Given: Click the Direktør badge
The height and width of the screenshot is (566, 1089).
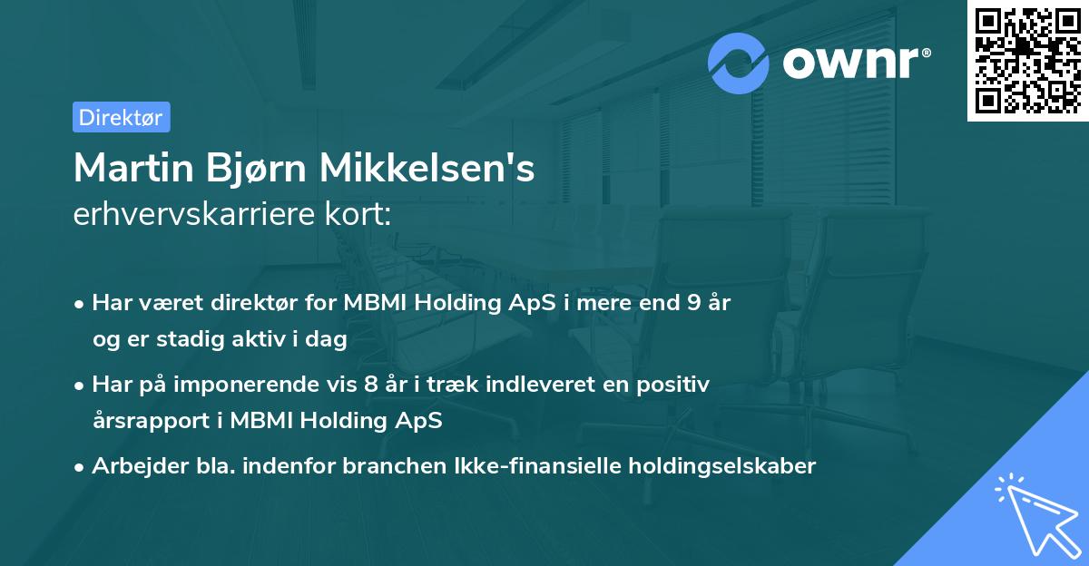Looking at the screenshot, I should (x=121, y=117).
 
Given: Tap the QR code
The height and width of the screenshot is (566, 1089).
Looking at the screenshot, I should (x=1028, y=61).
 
